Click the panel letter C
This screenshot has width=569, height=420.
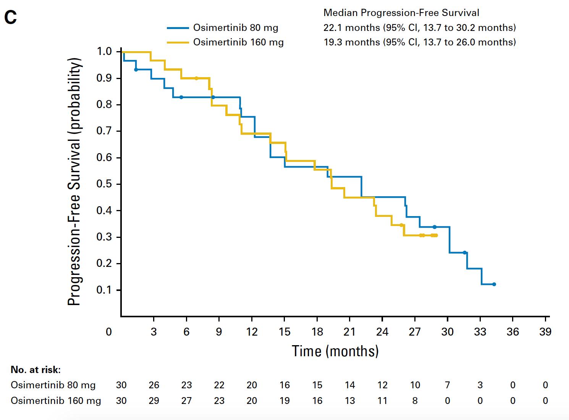[x=10, y=17]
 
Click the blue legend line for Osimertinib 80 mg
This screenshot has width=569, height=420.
[x=178, y=28]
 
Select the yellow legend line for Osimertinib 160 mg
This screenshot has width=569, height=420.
[x=178, y=42]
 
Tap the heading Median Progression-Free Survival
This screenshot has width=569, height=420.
[x=401, y=13]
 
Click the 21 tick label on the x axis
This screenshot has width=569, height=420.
[x=349, y=332]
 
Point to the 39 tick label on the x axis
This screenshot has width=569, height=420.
[x=545, y=332]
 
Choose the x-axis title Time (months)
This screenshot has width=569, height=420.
[x=335, y=351]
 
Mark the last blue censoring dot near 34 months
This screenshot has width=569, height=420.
[x=494, y=284]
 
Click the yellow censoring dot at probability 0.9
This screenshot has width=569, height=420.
[x=196, y=78]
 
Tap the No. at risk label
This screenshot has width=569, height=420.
[x=36, y=370]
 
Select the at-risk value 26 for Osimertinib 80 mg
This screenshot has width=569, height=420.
[x=154, y=385]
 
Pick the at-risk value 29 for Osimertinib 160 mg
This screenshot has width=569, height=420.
[x=154, y=401]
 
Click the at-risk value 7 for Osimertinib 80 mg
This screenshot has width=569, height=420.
[x=448, y=385]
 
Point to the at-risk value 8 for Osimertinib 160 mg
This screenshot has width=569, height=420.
[x=415, y=401]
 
